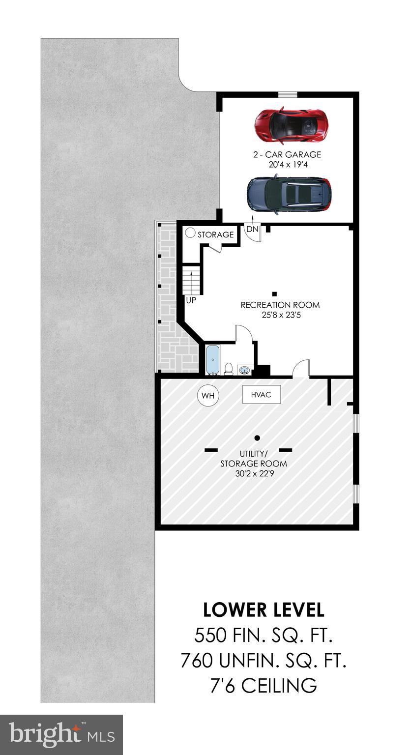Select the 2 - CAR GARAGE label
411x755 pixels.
tap(287, 154)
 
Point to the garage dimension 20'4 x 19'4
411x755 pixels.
tap(287, 165)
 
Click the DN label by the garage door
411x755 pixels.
tap(252, 229)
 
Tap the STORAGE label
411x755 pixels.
tap(215, 234)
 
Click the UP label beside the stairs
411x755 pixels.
tap(191, 300)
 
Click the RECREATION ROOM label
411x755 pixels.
tap(280, 305)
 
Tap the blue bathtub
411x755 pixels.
tap(212, 360)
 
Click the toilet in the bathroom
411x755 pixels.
tap(229, 368)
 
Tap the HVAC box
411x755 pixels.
tap(261, 394)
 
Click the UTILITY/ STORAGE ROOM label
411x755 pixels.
tap(254, 459)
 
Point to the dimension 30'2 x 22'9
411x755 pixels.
tap(254, 473)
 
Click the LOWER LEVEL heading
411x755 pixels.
tap(264, 610)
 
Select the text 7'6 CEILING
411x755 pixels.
tap(264, 685)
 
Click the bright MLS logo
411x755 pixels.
tap(61, 735)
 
